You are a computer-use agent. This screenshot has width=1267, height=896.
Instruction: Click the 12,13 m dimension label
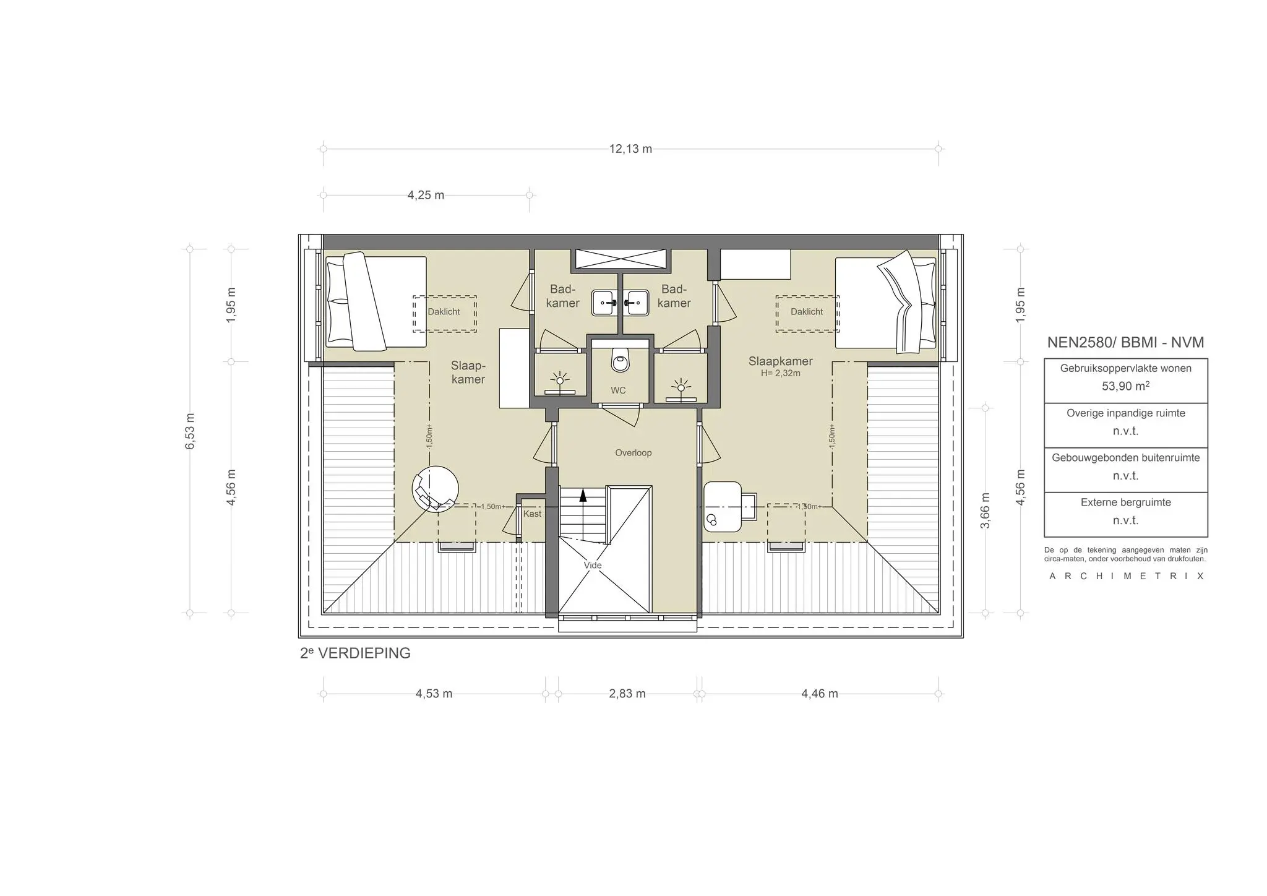point(630,149)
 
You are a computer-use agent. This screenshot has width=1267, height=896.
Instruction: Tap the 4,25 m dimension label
point(426,196)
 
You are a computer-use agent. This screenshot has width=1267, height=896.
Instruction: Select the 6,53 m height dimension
point(190,431)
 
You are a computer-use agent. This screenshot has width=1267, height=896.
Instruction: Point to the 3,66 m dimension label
point(986,510)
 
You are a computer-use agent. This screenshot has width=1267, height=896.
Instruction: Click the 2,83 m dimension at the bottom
point(627,694)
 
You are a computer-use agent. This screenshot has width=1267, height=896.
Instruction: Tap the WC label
point(618,390)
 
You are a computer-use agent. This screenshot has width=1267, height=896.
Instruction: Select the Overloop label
point(633,453)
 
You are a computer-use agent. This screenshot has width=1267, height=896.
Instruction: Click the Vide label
point(592,565)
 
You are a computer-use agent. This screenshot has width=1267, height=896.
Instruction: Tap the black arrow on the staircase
point(582,494)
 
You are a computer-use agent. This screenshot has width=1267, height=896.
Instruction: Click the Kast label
point(532,514)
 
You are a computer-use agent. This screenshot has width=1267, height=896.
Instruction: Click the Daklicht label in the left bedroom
point(444,312)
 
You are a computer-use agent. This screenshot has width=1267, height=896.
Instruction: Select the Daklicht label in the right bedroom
point(807,312)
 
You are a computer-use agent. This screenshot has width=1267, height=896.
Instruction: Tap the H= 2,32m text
point(780,374)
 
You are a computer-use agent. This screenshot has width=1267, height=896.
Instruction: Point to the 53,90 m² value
point(1125,386)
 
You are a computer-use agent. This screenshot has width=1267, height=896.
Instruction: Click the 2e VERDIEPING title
point(355,653)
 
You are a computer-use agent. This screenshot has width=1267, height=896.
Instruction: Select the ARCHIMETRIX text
point(1126,576)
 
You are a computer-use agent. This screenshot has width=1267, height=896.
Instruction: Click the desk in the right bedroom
point(723,507)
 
